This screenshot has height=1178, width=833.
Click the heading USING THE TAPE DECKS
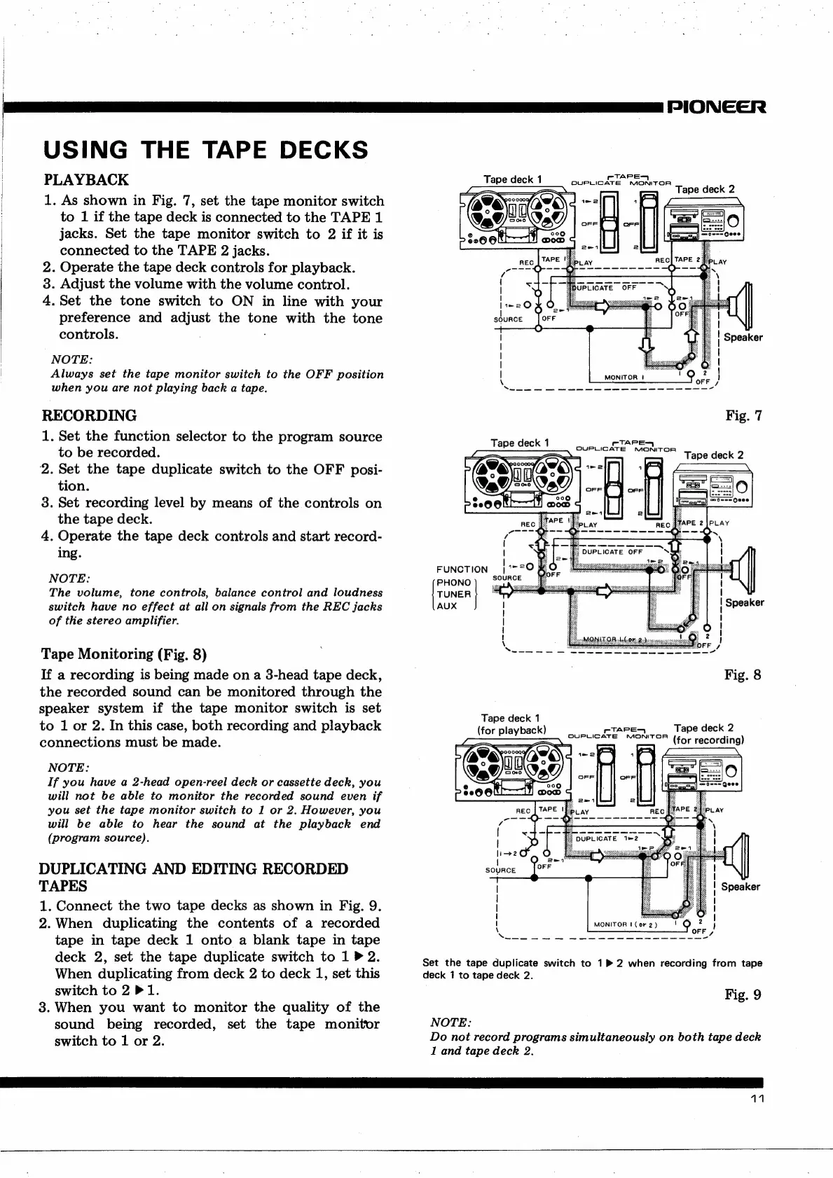coord(205,149)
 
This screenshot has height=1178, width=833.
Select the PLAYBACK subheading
coord(86,180)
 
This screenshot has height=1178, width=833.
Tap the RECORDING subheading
coord(90,415)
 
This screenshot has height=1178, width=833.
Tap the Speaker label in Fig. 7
coord(743,338)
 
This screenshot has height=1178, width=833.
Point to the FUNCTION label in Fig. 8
coord(462,569)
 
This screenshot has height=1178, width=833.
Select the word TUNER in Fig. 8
coord(454,595)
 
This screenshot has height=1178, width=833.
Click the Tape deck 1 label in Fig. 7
coord(513,179)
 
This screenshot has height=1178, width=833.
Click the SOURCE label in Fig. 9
coord(500,871)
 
